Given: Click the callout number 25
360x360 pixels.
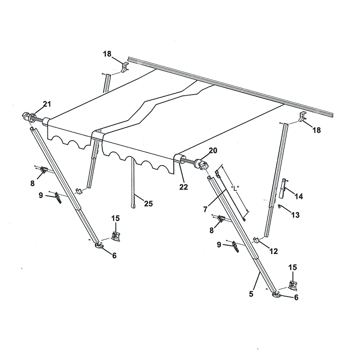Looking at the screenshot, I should coord(148,204).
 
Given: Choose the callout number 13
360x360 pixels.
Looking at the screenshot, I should coord(295,216).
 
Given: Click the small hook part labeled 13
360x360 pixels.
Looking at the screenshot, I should coord(280,207).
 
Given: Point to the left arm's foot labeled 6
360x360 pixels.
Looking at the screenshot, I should coord(99,245).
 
